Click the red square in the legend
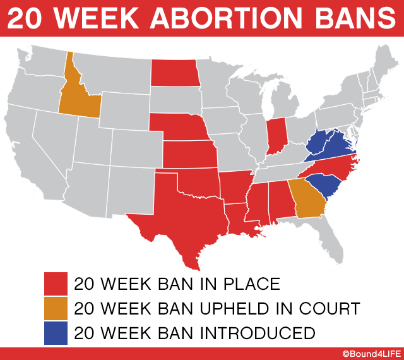point(55,283)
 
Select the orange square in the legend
point(55,309)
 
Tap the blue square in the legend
point(55,333)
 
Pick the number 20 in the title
point(26,20)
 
